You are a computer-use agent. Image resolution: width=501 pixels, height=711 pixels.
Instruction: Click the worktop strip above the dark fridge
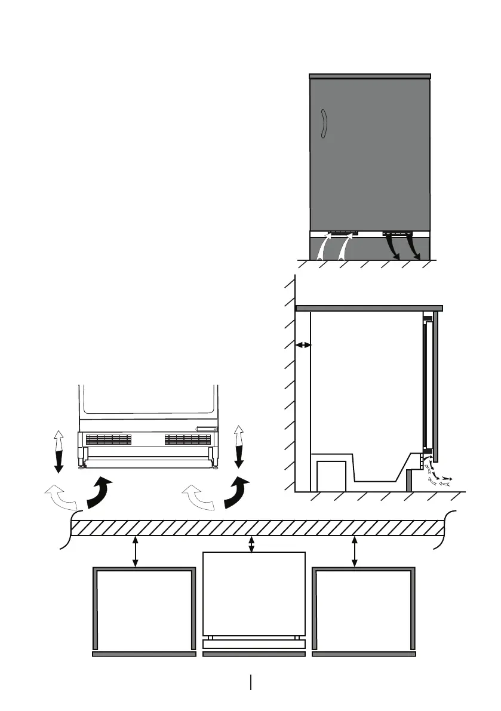(370, 76)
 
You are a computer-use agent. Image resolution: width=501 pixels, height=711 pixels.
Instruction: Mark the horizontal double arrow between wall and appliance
(303, 344)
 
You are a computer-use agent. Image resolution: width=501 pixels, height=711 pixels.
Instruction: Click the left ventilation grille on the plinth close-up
(108, 439)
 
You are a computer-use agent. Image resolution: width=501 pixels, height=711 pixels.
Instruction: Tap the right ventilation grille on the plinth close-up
(188, 439)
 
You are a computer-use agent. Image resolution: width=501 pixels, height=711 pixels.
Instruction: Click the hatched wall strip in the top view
(257, 528)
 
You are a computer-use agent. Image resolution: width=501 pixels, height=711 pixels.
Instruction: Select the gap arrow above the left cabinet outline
(136, 552)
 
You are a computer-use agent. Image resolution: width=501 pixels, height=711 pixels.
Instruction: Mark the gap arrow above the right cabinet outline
(355, 552)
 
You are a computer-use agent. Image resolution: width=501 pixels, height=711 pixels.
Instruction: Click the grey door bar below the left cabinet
(145, 654)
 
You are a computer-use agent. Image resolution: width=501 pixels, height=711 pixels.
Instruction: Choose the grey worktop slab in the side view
(369, 308)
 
